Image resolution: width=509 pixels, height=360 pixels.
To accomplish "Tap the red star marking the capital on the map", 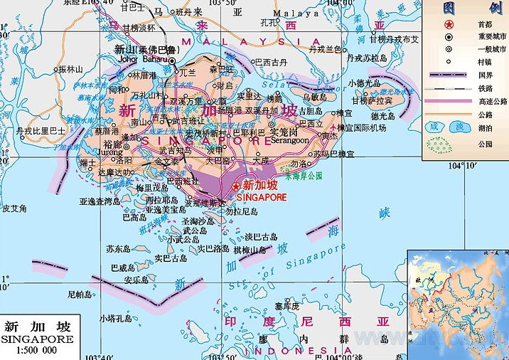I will pos(236,186).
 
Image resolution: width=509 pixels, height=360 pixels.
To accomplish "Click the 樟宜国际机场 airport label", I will pos(362,127).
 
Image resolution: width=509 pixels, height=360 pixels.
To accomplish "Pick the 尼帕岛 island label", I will pos(79,294).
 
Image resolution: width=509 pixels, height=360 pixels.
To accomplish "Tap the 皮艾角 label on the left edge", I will pos(14,208).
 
